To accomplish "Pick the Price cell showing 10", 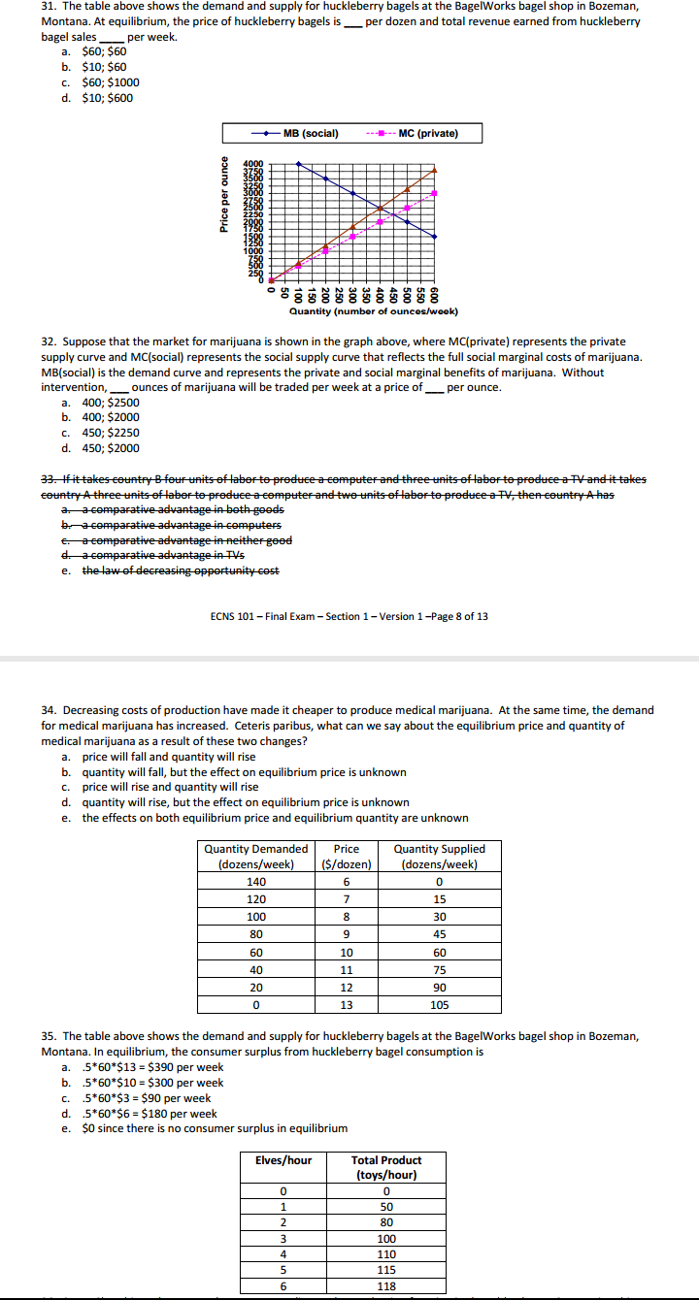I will tap(346, 952).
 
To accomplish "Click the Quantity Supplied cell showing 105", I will tap(439, 1005).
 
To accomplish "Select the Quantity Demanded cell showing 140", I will tap(256, 881).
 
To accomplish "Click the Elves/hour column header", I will tap(283, 1159).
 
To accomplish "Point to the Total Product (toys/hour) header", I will tap(386, 1167).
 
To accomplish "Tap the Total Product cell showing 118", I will tap(386, 1285).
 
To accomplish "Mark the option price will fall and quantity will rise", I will tap(169, 757).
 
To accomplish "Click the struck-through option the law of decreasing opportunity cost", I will tap(181, 570).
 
